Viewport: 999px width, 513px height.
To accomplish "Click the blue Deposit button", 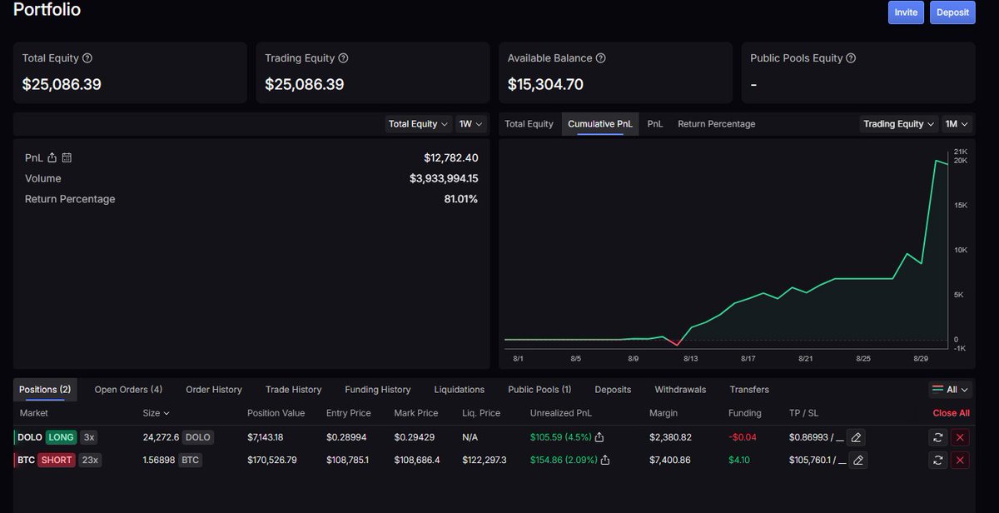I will point(952,12).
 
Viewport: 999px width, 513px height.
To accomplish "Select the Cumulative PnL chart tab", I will point(599,124).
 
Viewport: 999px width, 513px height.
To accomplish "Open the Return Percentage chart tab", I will point(716,124).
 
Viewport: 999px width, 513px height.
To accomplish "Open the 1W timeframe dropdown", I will point(470,124).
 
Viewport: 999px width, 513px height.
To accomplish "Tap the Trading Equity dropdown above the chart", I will point(898,124).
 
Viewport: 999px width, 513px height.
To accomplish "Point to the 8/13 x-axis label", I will point(690,359).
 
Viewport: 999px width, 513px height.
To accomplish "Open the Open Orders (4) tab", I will point(128,390).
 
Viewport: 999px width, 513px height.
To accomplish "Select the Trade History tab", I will point(293,390).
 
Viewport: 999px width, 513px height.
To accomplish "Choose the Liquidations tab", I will point(459,390).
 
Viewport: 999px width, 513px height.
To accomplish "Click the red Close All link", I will point(951,413).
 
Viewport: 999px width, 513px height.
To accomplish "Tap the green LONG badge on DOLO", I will point(61,437).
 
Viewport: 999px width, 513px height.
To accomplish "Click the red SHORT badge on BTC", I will point(57,460).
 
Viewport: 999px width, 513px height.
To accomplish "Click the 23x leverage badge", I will point(90,460).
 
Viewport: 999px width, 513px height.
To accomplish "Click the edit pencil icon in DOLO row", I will point(856,437).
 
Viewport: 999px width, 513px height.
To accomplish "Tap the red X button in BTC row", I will point(960,460).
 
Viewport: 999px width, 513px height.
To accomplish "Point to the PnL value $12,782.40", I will point(450,157).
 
